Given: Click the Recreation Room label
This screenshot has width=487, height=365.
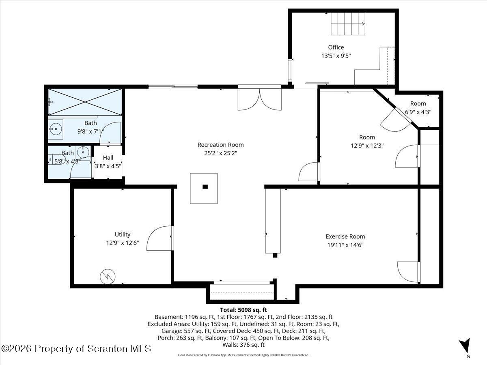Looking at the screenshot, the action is tap(220, 145).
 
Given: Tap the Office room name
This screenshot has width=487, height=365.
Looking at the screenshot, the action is tap(336, 47).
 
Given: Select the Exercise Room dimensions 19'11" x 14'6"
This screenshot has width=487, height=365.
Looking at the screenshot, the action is tap(345, 245).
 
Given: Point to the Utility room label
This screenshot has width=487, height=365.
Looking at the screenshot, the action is tap(123, 234).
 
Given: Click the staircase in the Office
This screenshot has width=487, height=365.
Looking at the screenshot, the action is tap(348, 24).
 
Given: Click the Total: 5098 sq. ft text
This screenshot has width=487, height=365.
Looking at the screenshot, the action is tap(243, 310).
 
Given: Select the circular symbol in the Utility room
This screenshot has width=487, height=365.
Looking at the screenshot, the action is tap(108, 277).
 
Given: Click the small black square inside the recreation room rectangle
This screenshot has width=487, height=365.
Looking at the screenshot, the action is tap(205, 187).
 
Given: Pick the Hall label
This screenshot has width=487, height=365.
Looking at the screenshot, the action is tap(108, 158).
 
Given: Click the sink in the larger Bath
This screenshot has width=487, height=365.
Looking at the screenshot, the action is tap(56, 129).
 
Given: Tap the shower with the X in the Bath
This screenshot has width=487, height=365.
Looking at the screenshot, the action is tap(85, 102).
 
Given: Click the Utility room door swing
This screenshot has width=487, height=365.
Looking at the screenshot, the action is tap(159, 238).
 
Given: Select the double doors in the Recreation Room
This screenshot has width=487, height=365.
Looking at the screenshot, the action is tap(260, 99).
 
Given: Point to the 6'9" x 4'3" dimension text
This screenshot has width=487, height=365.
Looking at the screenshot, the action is tap(418, 112).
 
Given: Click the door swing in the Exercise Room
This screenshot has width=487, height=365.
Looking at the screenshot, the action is tap(408, 272).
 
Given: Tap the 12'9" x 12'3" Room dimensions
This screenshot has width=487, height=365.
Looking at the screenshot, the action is tap(367, 146).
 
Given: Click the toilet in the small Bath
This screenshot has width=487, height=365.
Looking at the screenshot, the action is tap(56, 159).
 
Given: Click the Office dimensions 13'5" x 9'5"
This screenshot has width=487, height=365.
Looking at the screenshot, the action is tap(336, 56).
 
